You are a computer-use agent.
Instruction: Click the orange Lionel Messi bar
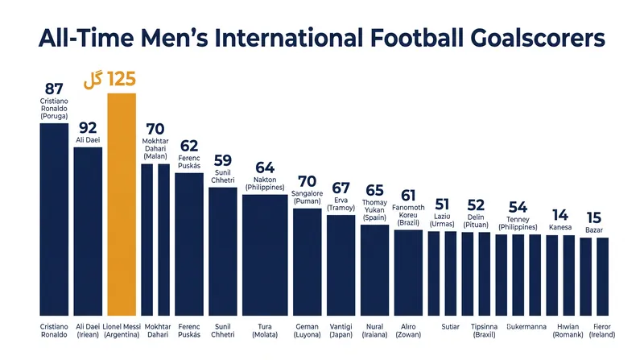click(122, 205)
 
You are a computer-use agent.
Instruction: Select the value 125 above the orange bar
click(122, 79)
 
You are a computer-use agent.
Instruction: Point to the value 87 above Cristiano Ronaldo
click(54, 89)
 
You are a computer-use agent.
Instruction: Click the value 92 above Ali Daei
click(88, 128)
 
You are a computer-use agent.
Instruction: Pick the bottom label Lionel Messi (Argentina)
click(122, 330)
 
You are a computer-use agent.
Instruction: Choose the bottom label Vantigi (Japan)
click(341, 330)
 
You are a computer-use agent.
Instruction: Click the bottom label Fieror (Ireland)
click(602, 330)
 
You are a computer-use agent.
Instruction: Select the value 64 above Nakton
click(265, 168)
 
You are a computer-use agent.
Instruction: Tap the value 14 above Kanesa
click(559, 215)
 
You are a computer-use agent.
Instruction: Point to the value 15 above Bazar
click(594, 217)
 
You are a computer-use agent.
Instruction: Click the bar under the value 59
click(223, 251)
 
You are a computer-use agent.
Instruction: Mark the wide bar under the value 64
click(265, 255)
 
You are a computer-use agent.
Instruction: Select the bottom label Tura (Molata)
click(265, 330)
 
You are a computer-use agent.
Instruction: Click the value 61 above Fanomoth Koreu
click(408, 196)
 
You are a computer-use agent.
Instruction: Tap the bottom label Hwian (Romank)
click(568, 330)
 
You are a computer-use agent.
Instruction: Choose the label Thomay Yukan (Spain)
click(374, 210)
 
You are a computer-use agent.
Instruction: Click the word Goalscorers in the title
click(538, 38)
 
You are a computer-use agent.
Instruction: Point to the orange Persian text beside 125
click(93, 80)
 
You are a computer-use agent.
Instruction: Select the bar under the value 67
click(341, 266)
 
